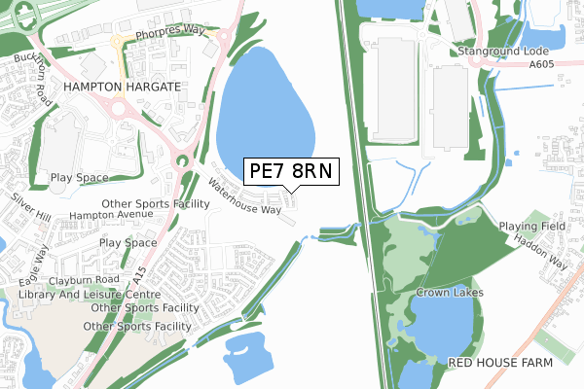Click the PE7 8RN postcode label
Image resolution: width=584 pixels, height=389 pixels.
(x=290, y=172)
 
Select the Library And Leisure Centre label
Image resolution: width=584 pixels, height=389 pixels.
(x=89, y=294)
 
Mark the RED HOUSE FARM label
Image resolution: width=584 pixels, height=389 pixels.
(x=500, y=362)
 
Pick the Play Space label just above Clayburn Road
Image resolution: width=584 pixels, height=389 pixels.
(x=128, y=242)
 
